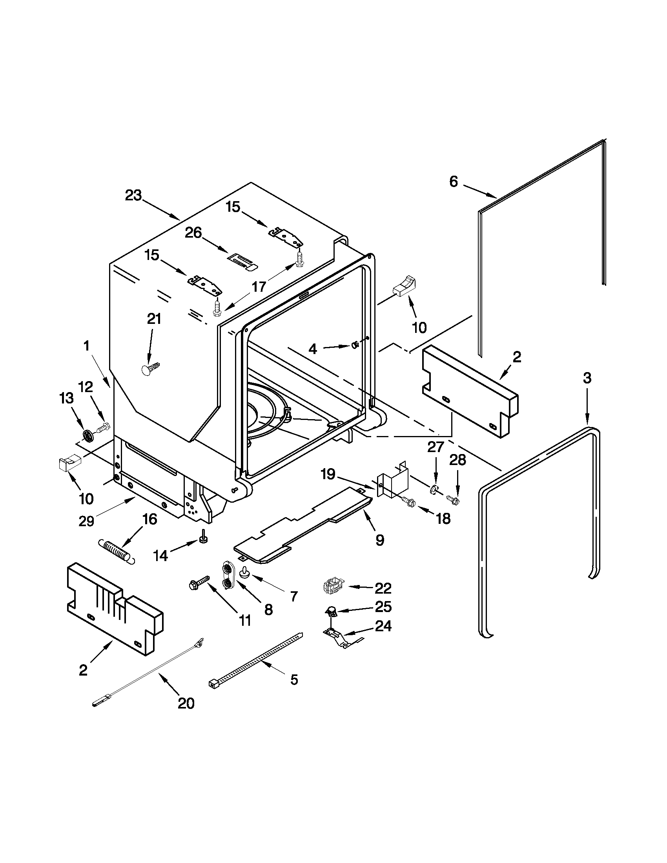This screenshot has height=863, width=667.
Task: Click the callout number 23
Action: (x=133, y=195)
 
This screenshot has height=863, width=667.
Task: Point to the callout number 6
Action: (x=454, y=182)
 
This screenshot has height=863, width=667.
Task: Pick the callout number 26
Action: (x=193, y=233)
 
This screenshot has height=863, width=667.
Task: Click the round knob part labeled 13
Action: (x=87, y=436)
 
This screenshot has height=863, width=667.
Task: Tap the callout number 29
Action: (x=86, y=521)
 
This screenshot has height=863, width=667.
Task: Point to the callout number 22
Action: (x=383, y=589)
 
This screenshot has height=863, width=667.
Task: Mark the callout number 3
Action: (x=587, y=378)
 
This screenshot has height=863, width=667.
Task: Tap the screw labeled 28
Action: (x=453, y=500)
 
